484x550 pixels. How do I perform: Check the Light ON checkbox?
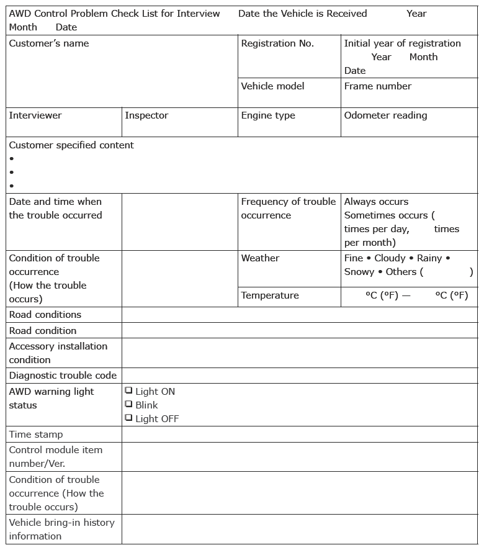point(128,390)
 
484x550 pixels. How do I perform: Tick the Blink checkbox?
point(128,404)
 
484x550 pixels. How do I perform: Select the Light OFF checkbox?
point(128,418)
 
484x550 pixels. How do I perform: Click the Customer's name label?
point(49,43)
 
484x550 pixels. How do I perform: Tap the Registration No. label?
point(277,43)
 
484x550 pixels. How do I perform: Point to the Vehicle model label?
point(272,86)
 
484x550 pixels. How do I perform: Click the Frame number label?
point(378,86)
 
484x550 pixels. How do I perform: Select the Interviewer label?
point(35,115)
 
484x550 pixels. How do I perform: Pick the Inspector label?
point(146,115)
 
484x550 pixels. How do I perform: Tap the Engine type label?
point(268,115)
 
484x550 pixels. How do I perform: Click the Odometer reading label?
point(385,115)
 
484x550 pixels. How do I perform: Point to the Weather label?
point(260,258)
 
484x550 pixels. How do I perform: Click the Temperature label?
point(270,295)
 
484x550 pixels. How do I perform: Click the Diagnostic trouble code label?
point(63,376)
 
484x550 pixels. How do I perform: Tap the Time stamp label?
point(36,435)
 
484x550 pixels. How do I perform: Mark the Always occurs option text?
point(376,202)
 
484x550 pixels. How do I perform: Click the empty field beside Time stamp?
point(299,435)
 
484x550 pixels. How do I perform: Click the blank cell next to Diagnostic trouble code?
point(299,376)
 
